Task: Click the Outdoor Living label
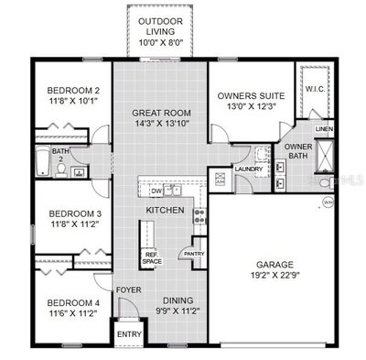(x=161, y=27)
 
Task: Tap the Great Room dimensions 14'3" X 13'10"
(x=161, y=124)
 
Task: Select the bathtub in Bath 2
(x=43, y=161)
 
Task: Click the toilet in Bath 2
(x=61, y=170)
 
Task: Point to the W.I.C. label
(x=315, y=89)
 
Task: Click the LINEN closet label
(x=324, y=129)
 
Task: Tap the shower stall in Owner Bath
(x=325, y=156)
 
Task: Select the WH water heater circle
(x=328, y=202)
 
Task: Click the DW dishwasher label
(x=156, y=191)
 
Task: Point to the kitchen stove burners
(x=199, y=215)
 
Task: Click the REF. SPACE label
(x=152, y=258)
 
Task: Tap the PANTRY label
(x=194, y=254)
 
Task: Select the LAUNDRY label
(x=249, y=169)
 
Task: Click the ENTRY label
(x=129, y=334)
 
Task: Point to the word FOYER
(x=129, y=289)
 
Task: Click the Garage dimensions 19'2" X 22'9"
(x=274, y=275)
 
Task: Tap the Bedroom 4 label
(x=73, y=303)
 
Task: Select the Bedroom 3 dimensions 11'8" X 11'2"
(x=75, y=224)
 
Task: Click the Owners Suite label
(x=251, y=96)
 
